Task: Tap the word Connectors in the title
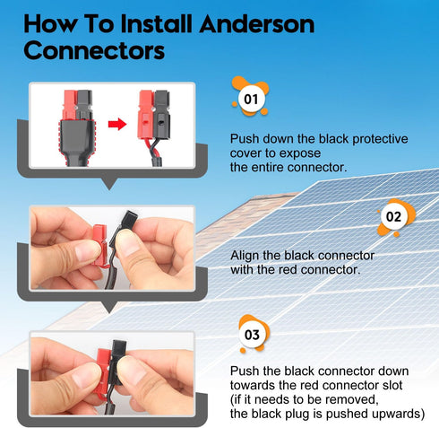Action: (x=94, y=50)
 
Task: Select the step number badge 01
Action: (x=251, y=95)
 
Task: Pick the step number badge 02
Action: (x=393, y=216)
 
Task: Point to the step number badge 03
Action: (x=252, y=335)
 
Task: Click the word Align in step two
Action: (x=246, y=256)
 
